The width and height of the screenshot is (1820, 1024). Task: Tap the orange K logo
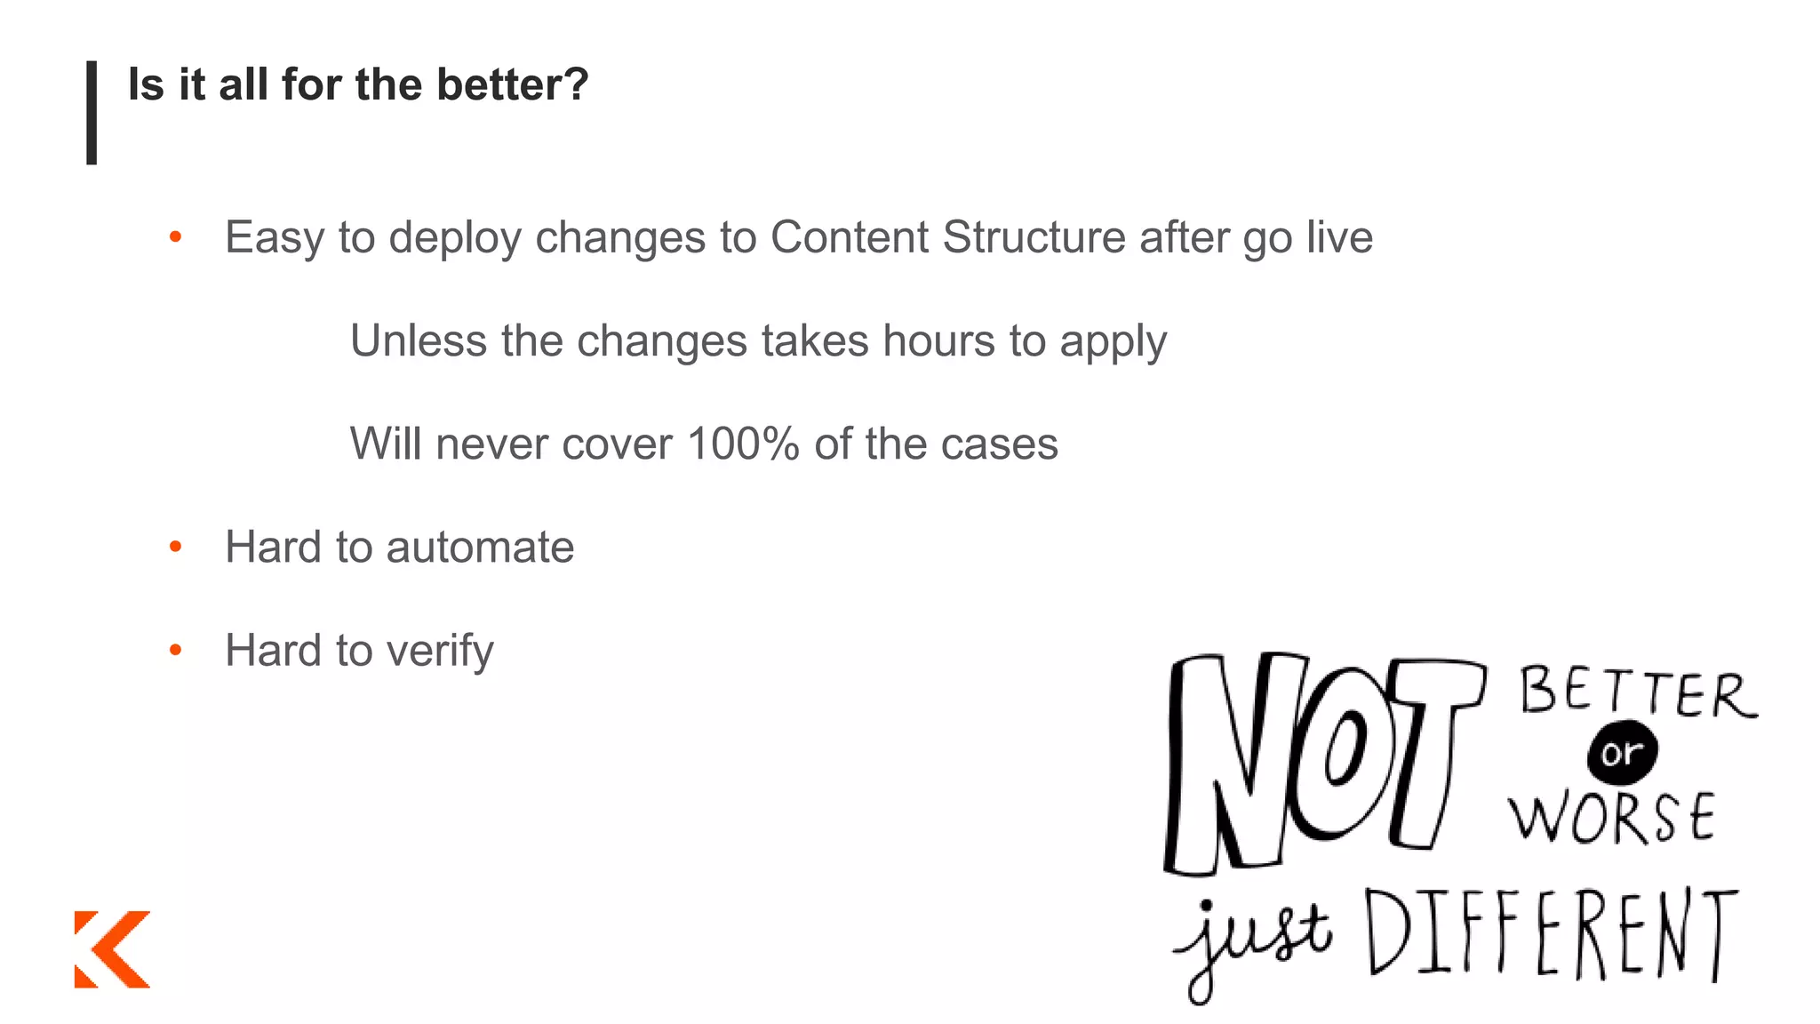click(x=112, y=948)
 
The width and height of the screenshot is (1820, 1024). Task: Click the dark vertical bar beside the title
click(x=92, y=112)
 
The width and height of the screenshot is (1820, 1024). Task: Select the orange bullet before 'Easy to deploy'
click(x=176, y=237)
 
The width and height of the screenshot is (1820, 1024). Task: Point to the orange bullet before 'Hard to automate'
click(x=176, y=547)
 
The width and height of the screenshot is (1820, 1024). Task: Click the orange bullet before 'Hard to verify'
click(x=176, y=651)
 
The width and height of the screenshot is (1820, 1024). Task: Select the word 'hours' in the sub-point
click(x=938, y=340)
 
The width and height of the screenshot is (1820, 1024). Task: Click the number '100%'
click(x=743, y=444)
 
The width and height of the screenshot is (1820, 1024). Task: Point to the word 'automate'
click(x=480, y=547)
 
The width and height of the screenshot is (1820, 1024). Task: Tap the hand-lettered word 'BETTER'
click(x=1637, y=693)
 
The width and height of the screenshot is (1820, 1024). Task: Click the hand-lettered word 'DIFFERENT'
click(x=1551, y=933)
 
